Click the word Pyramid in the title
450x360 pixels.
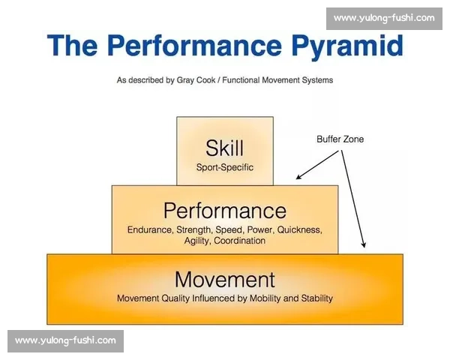(x=347, y=46)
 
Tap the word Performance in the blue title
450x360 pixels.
(x=195, y=45)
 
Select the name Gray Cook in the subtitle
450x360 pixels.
(x=196, y=80)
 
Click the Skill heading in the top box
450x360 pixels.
(x=225, y=148)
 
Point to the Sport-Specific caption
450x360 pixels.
(x=225, y=167)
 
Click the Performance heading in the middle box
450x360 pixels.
(x=225, y=211)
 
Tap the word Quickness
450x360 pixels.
(x=299, y=230)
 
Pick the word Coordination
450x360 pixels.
(x=240, y=241)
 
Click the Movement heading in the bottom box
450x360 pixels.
(x=225, y=280)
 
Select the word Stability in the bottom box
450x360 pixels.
(x=316, y=298)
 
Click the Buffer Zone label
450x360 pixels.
(x=340, y=139)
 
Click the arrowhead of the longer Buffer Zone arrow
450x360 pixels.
(x=364, y=245)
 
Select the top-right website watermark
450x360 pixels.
(x=384, y=18)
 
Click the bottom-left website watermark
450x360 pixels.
(x=65, y=341)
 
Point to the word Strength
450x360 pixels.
(x=193, y=230)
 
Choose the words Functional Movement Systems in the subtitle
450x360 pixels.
(x=277, y=80)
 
